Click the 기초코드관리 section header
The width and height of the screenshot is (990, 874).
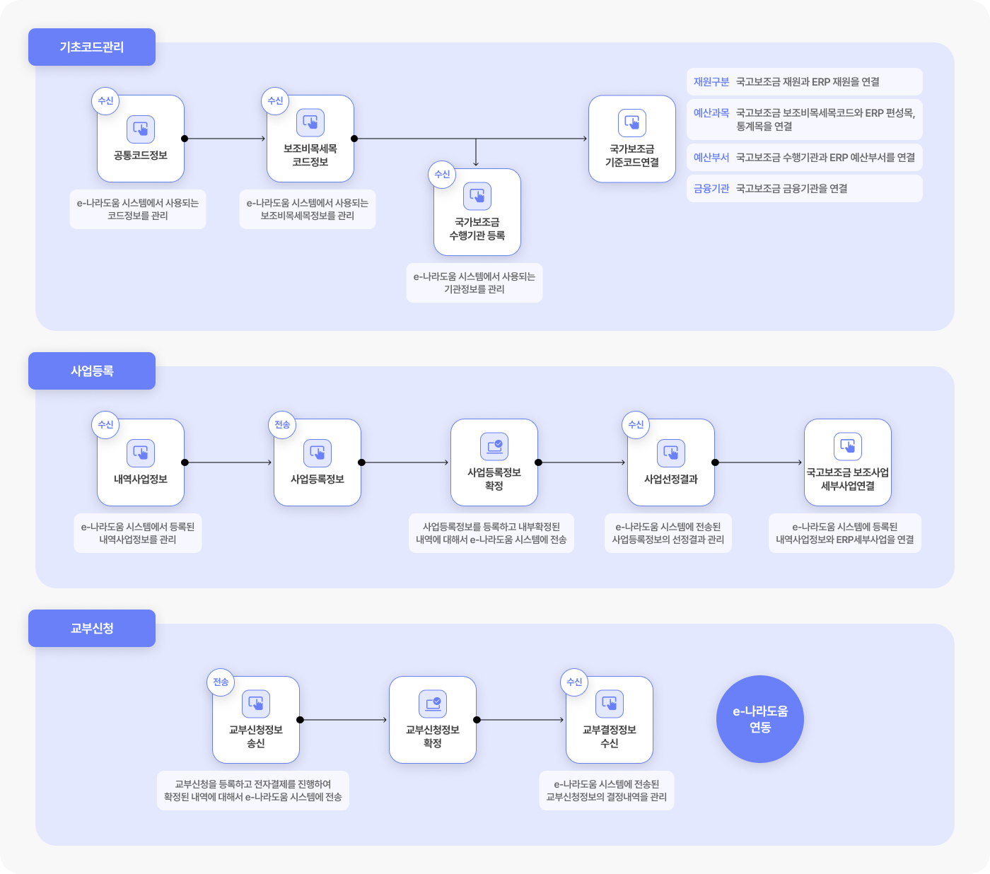pos(92,47)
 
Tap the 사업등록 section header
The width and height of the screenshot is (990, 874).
pos(92,371)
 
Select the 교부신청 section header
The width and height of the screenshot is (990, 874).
pos(92,628)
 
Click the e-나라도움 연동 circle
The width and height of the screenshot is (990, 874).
pos(760,719)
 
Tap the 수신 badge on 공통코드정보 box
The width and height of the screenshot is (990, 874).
pos(105,101)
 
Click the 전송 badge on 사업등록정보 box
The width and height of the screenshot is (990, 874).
pos(282,424)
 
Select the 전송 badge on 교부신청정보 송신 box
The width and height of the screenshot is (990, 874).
pos(221,682)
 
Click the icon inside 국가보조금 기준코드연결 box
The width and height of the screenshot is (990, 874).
pos(631,122)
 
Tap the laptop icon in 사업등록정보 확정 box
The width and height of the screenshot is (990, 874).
pos(494,446)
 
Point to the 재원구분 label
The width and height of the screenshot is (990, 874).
pos(711,81)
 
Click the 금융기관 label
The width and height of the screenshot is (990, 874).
pos(711,189)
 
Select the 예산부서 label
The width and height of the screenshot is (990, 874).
pos(711,157)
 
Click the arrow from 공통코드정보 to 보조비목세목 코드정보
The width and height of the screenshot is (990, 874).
pos(226,139)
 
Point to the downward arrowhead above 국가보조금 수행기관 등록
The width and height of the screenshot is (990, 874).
pos(476,163)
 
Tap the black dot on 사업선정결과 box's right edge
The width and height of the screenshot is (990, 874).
pos(715,462)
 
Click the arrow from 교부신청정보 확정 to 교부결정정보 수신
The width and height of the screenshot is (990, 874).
pos(520,720)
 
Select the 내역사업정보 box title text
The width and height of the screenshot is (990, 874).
pos(141,479)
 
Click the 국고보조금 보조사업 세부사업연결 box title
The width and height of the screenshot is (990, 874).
pos(848,479)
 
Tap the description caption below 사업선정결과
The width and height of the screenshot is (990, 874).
pos(668,533)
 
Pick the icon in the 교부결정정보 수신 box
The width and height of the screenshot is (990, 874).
pos(610,704)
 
